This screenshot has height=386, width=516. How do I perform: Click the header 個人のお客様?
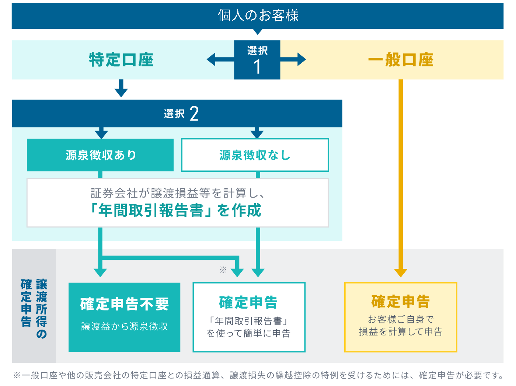pyautogui.click(x=258, y=15)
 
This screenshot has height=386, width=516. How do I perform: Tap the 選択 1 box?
pyautogui.click(x=257, y=60)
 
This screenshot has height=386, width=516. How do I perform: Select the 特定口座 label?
pyautogui.click(x=121, y=60)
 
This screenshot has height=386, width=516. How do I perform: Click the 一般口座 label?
pyautogui.click(x=401, y=60)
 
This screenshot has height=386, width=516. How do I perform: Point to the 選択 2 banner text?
pyautogui.click(x=181, y=114)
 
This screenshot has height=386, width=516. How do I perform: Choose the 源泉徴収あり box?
pyautogui.click(x=100, y=155)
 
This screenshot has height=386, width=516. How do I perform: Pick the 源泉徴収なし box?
pyautogui.click(x=255, y=155)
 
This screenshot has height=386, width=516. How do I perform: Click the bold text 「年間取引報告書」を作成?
pyautogui.click(x=176, y=211)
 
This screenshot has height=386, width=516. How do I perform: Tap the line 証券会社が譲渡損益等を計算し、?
pyautogui.click(x=177, y=193)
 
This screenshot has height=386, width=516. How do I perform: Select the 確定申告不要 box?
pyautogui.click(x=124, y=317)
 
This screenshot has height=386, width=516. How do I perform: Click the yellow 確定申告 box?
pyautogui.click(x=401, y=317)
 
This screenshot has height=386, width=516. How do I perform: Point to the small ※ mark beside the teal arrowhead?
pyautogui.click(x=223, y=269)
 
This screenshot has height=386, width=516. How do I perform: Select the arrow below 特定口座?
pyautogui.click(x=121, y=88)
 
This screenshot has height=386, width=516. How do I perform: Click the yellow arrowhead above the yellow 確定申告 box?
pyautogui.click(x=401, y=272)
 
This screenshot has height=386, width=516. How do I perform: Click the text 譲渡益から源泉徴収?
pyautogui.click(x=124, y=326)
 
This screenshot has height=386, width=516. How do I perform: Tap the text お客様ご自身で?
pyautogui.click(x=401, y=319)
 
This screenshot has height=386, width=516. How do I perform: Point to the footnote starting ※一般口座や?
pyautogui.click(x=258, y=375)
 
